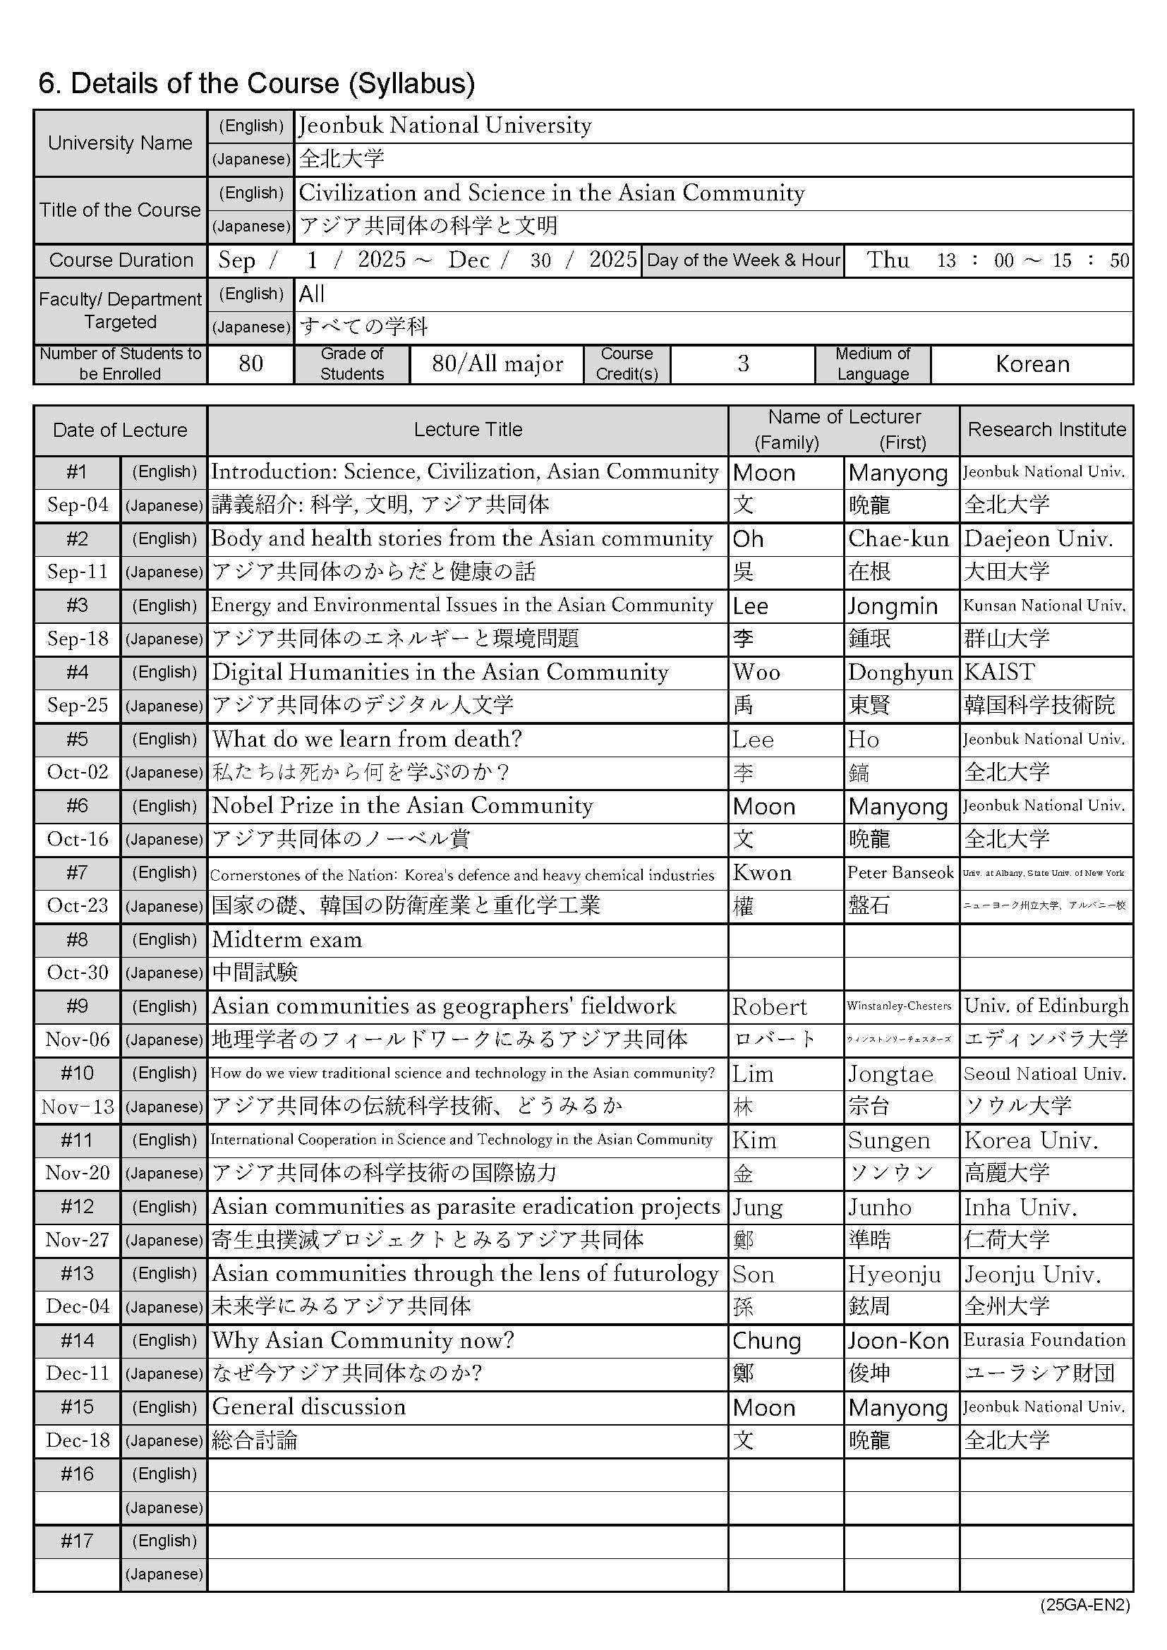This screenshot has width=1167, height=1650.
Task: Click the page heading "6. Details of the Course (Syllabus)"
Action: pyautogui.click(x=257, y=84)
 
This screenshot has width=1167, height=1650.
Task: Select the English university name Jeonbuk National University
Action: pyautogui.click(x=445, y=126)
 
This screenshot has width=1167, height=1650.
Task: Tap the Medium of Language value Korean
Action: pyautogui.click(x=1032, y=364)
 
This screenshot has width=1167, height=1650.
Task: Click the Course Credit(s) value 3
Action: pyautogui.click(x=743, y=364)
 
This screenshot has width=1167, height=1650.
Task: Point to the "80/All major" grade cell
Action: pyautogui.click(x=497, y=364)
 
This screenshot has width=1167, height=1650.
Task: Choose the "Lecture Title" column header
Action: pyautogui.click(x=468, y=430)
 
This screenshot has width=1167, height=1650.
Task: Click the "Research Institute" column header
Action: pyautogui.click(x=1046, y=430)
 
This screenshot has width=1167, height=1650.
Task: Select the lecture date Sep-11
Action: pyautogui.click(x=78, y=572)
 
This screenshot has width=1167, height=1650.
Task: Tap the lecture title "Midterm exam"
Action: pyautogui.click(x=286, y=940)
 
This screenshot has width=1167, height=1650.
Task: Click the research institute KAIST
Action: pyautogui.click(x=999, y=673)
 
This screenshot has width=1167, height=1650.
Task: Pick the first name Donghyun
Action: pyautogui.click(x=900, y=673)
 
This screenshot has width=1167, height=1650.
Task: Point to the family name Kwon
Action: pyautogui.click(x=762, y=873)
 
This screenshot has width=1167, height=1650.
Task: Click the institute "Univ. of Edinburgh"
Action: pyautogui.click(x=1046, y=1006)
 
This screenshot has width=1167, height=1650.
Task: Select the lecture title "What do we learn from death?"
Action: pyautogui.click(x=367, y=740)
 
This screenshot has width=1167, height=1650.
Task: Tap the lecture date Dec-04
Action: pyautogui.click(x=78, y=1306)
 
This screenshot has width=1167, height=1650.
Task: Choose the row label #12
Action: pyautogui.click(x=77, y=1207)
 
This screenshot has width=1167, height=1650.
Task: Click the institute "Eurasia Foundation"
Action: pyautogui.click(x=1044, y=1340)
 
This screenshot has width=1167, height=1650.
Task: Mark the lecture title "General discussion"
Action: pyautogui.click(x=309, y=1407)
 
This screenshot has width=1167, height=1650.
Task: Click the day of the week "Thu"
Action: pyautogui.click(x=888, y=260)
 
